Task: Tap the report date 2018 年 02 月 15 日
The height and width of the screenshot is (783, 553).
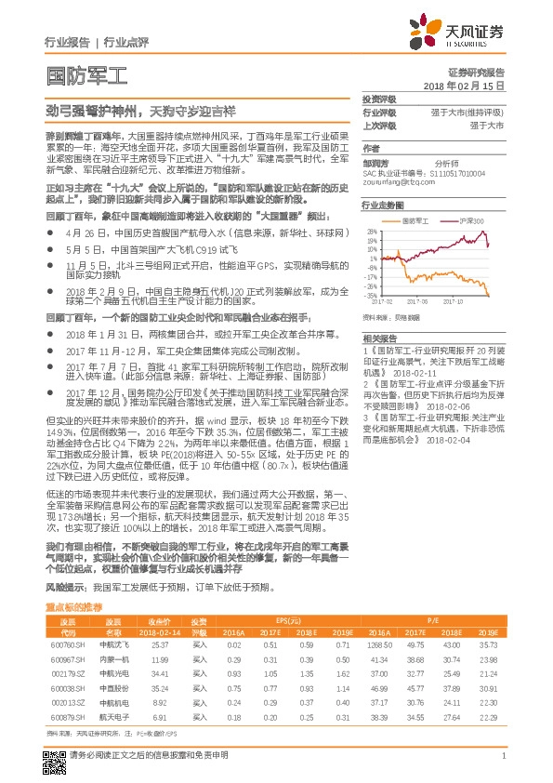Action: click(463, 85)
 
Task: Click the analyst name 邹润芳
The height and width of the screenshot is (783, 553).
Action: click(376, 160)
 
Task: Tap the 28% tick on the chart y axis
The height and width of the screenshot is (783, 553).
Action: click(370, 230)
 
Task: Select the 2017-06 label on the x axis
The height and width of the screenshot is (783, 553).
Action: click(418, 301)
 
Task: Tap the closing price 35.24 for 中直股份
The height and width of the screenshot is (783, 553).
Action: click(159, 689)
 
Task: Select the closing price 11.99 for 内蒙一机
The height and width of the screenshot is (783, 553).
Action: click(159, 658)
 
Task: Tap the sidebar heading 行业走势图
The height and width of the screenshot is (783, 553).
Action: click(383, 204)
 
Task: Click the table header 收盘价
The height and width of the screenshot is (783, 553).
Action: click(159, 619)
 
